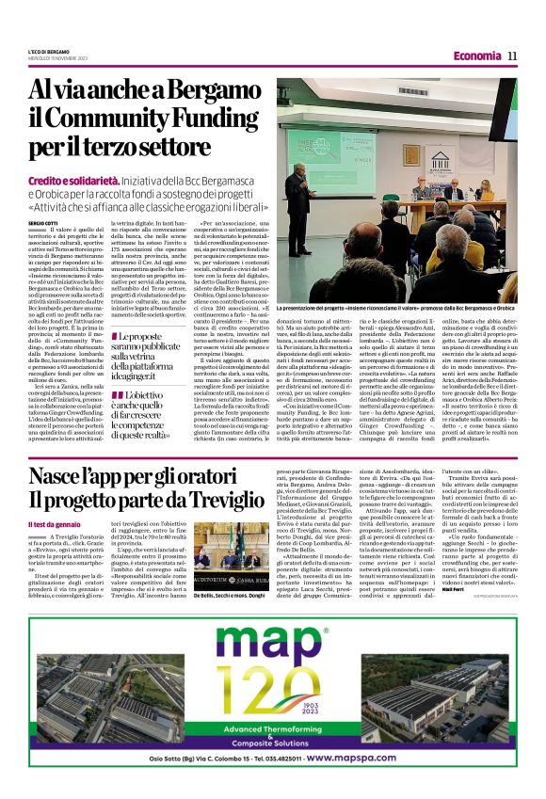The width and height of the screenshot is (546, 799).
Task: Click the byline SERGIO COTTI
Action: pyautogui.click(x=43, y=222)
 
